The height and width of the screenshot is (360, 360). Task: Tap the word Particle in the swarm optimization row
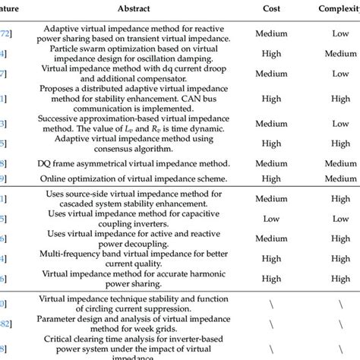point(90,45)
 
